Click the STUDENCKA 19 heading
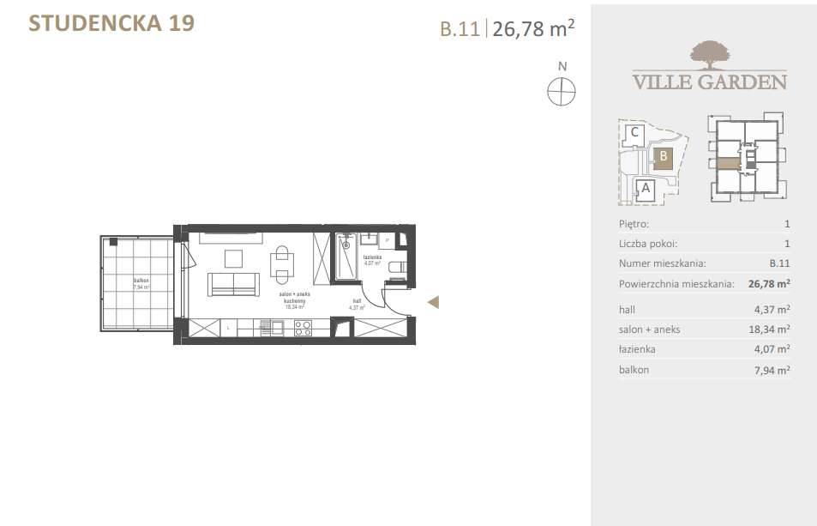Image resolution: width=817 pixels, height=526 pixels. click(x=111, y=23)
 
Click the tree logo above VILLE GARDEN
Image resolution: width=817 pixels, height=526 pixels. click(x=709, y=54)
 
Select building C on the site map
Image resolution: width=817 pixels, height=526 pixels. click(x=634, y=133)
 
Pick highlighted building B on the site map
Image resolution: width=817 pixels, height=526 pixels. click(x=663, y=157)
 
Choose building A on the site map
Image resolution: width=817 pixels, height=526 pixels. click(x=645, y=188)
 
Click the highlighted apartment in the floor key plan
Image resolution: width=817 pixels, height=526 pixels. click(x=727, y=163)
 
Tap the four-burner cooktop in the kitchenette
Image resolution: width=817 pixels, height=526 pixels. click(x=303, y=327)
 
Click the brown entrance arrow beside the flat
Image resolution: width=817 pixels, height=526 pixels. click(x=434, y=301)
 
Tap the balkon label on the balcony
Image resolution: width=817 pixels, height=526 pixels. click(x=141, y=281)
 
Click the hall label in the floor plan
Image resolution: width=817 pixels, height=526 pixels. click(x=357, y=300)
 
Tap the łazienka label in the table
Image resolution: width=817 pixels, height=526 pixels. click(x=637, y=349)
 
